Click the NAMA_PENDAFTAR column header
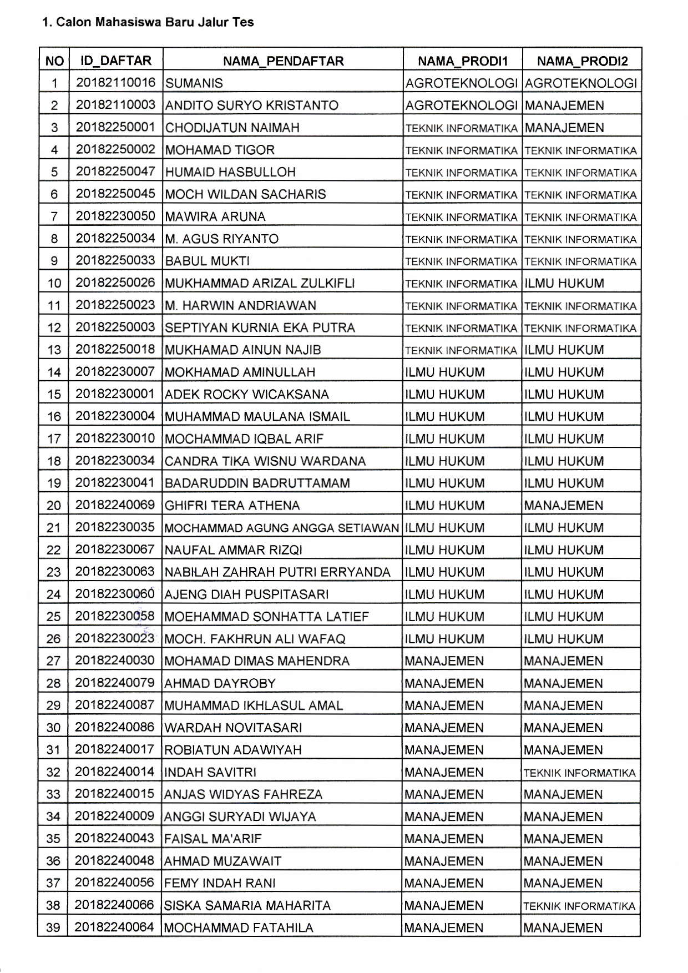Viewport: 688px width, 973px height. (x=283, y=61)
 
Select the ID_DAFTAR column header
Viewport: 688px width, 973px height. (x=116, y=60)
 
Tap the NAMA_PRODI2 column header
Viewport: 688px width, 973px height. (x=582, y=61)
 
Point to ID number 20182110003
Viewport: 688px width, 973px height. (x=115, y=105)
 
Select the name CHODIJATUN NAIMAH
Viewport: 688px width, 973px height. (x=232, y=128)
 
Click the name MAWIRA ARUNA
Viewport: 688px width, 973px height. (x=215, y=216)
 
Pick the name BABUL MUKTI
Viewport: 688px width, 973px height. (x=208, y=261)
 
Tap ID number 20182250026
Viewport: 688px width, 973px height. (x=115, y=283)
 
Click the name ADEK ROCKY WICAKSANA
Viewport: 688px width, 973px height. (x=247, y=394)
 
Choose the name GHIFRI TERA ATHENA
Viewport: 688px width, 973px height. (x=232, y=505)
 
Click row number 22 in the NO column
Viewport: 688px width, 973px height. (x=53, y=550)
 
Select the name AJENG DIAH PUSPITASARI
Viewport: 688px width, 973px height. (x=246, y=594)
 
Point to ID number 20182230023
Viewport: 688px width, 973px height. (x=115, y=638)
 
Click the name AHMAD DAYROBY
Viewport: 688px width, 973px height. (x=220, y=683)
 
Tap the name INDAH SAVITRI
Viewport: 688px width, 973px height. (x=210, y=772)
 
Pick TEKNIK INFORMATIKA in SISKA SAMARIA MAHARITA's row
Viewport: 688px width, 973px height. (x=579, y=906)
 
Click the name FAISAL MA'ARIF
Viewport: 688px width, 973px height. (x=213, y=839)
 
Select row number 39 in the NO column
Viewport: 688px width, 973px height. (x=53, y=927)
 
